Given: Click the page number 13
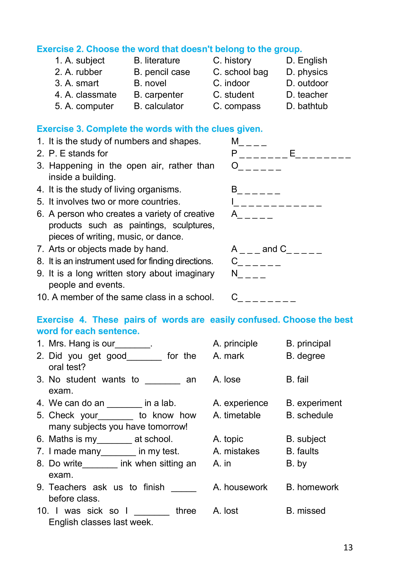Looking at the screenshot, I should pyautogui.click(x=348, y=547).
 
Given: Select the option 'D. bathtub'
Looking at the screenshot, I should pyautogui.click(x=307, y=106).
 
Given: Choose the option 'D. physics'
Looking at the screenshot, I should pyautogui.click(x=307, y=72).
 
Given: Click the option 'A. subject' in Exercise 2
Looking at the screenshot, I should pyautogui.click(x=85, y=61).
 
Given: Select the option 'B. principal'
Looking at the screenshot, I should pyautogui.click(x=308, y=343).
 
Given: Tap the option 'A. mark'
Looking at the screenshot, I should pyautogui.click(x=228, y=356).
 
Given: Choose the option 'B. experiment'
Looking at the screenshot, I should pyautogui.click(x=314, y=403).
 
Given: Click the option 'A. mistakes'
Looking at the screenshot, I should pyautogui.click(x=236, y=451).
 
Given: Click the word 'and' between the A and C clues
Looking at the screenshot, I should pyautogui.click(x=270, y=249).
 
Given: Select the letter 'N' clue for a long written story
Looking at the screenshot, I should pyautogui.click(x=234, y=273).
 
